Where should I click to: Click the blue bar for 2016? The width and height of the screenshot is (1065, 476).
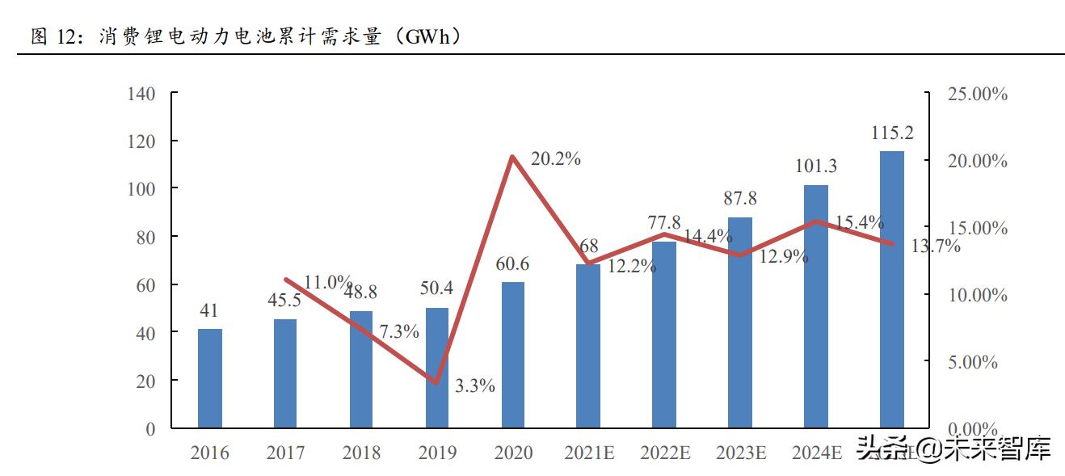click(210, 378)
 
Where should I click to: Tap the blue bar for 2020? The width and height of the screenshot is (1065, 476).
click(513, 356)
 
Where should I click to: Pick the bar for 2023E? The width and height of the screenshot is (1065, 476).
click(740, 322)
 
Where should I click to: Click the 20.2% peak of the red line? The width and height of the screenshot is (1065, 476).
click(512, 157)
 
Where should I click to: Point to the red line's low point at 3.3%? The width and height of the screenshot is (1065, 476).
click(437, 382)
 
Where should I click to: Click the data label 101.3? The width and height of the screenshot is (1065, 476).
click(816, 166)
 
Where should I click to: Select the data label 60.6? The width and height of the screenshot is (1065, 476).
click(513, 264)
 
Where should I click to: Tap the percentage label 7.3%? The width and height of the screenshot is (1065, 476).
click(399, 331)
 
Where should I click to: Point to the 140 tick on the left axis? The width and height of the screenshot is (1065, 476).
click(141, 94)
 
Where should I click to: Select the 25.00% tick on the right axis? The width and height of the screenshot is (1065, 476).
click(977, 95)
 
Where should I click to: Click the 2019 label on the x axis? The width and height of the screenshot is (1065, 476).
click(437, 453)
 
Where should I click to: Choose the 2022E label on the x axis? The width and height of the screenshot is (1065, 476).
click(665, 453)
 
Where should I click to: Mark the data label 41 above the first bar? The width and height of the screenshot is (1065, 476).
click(209, 311)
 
